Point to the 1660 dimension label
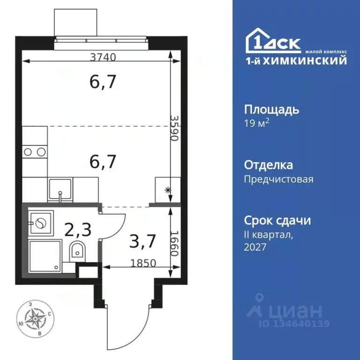pos(174,244)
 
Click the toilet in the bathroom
pos(76,252)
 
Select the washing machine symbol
pos(40,223)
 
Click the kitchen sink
pos(60,190)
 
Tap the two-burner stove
pos(35,151)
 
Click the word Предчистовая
pos(279,179)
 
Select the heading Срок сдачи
pos(278,220)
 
